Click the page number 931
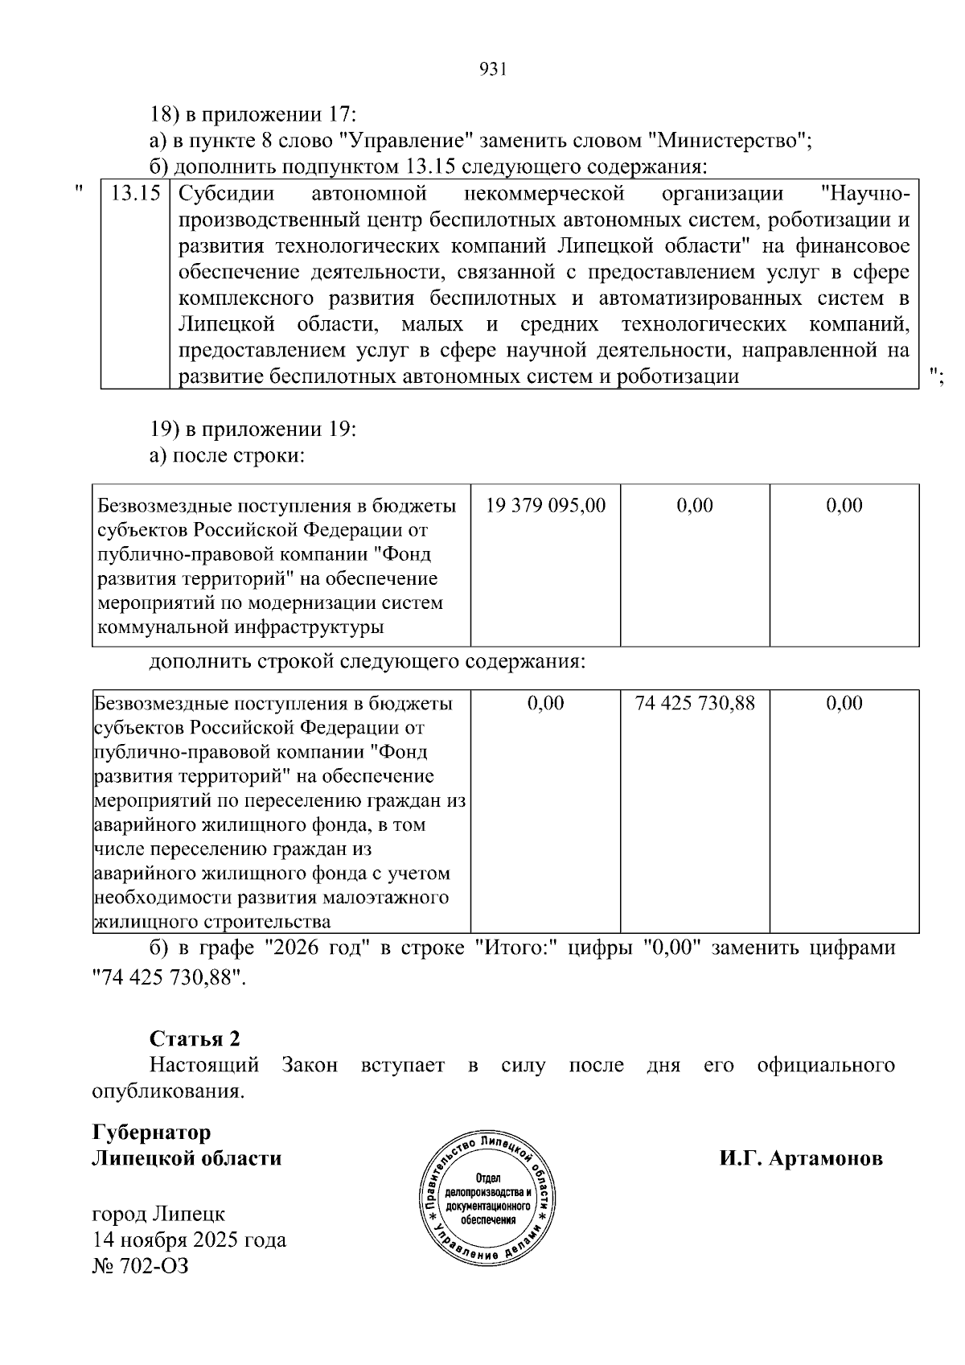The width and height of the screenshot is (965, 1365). click(492, 69)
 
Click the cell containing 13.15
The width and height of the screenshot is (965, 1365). click(135, 194)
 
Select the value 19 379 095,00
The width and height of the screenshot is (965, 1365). click(546, 505)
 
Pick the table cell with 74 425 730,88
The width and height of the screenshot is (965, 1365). click(695, 703)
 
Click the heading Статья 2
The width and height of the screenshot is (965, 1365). click(195, 1038)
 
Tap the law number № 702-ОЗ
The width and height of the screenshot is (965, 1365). click(141, 1266)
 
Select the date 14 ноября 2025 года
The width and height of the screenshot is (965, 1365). click(189, 1240)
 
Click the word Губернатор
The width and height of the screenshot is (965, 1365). click(152, 1133)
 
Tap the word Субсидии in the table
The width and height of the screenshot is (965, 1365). click(226, 194)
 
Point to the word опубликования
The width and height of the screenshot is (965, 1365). click(167, 1092)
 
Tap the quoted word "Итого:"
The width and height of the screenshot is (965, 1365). click(515, 948)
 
